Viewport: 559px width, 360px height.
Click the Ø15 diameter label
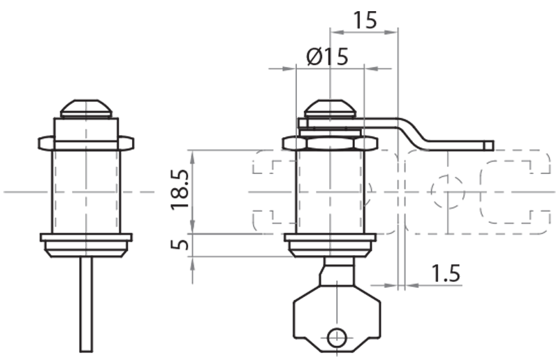pyautogui.click(x=327, y=57)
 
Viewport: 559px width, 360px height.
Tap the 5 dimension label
pyautogui.click(x=180, y=245)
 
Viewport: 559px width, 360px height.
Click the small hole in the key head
pyautogui.click(x=336, y=336)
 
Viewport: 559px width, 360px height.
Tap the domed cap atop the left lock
pyautogui.click(x=87, y=108)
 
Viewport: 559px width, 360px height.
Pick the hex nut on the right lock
pyautogui.click(x=330, y=143)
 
